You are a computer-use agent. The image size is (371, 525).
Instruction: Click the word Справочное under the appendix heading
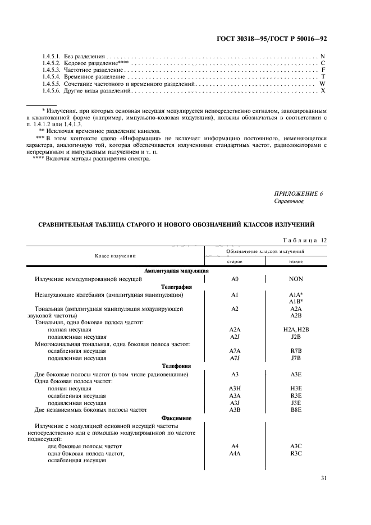(x=289, y=201)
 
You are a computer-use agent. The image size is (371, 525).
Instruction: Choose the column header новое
(x=296, y=261)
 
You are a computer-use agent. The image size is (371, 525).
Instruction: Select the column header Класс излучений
(x=120, y=256)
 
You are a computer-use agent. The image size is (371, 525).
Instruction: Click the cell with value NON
(x=296, y=278)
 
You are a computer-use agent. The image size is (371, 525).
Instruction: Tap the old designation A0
(x=235, y=278)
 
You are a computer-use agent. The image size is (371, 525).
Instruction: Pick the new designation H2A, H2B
(x=296, y=329)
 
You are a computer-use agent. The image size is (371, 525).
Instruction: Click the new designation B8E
(x=296, y=410)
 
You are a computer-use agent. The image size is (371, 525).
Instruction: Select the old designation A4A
(x=235, y=453)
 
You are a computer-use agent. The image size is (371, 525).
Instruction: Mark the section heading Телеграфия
(x=177, y=286)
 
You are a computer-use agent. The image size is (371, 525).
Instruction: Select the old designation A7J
(x=235, y=358)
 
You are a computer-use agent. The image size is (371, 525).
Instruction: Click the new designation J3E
(x=296, y=403)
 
